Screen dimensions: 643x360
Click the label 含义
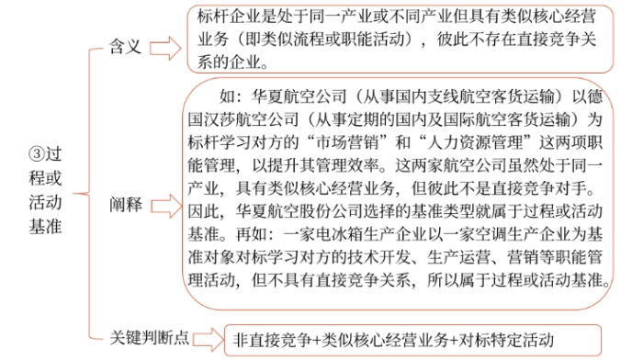pos(130,45)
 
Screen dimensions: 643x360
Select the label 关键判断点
pos(150,337)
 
